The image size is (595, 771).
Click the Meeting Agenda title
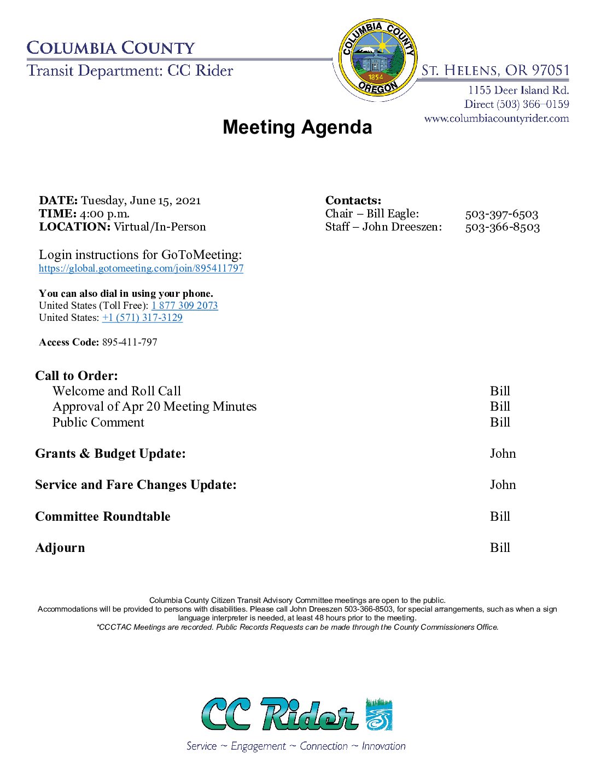(x=297, y=127)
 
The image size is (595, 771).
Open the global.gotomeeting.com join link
(x=141, y=268)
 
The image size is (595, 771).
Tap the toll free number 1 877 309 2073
(x=184, y=306)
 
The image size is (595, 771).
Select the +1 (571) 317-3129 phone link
(x=142, y=318)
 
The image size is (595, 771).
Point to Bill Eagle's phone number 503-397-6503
(x=501, y=214)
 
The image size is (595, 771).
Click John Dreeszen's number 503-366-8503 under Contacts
(x=502, y=227)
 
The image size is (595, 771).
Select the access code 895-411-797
(x=130, y=342)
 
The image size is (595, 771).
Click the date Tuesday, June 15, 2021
(x=141, y=200)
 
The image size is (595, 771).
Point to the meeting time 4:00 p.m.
(x=104, y=214)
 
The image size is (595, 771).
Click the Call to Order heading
(x=77, y=376)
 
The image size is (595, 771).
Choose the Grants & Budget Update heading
(x=110, y=453)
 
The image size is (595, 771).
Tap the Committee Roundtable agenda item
(x=103, y=516)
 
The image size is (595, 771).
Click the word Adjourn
(x=60, y=548)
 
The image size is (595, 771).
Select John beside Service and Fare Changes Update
(x=503, y=485)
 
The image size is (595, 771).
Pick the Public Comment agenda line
(x=98, y=422)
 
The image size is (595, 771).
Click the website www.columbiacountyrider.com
(x=496, y=118)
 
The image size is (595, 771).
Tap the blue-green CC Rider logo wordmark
(x=280, y=714)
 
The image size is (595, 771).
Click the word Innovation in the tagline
(x=383, y=746)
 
